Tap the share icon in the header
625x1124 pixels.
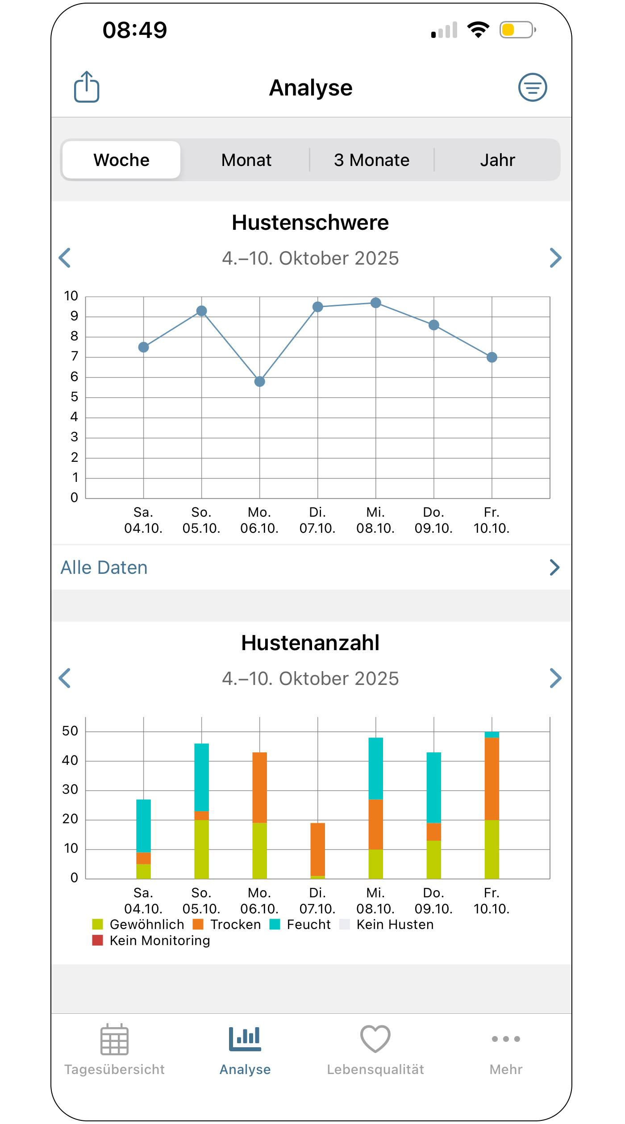point(87,87)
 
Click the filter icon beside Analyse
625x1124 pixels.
point(533,87)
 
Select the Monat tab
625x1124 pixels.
point(246,160)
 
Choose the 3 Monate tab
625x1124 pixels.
point(372,160)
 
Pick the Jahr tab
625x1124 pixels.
point(498,160)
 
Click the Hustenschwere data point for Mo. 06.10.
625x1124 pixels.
point(260,382)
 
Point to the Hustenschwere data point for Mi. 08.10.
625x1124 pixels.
point(376,303)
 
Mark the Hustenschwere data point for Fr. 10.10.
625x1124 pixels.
point(492,357)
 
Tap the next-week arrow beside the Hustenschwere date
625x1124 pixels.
point(555,258)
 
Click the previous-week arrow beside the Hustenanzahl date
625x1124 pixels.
point(65,678)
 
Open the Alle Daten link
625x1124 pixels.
point(104,568)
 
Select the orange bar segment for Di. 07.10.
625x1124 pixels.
point(318,850)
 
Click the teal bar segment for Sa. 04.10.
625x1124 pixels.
point(144,826)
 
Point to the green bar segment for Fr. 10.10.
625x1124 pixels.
point(492,850)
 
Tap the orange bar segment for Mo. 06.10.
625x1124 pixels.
point(260,788)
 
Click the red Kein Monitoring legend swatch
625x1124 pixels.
point(98,941)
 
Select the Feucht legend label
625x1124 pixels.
point(309,925)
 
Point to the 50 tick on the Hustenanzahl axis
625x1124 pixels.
point(70,731)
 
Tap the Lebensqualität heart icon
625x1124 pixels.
point(375,1039)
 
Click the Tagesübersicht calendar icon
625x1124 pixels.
point(115,1040)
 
